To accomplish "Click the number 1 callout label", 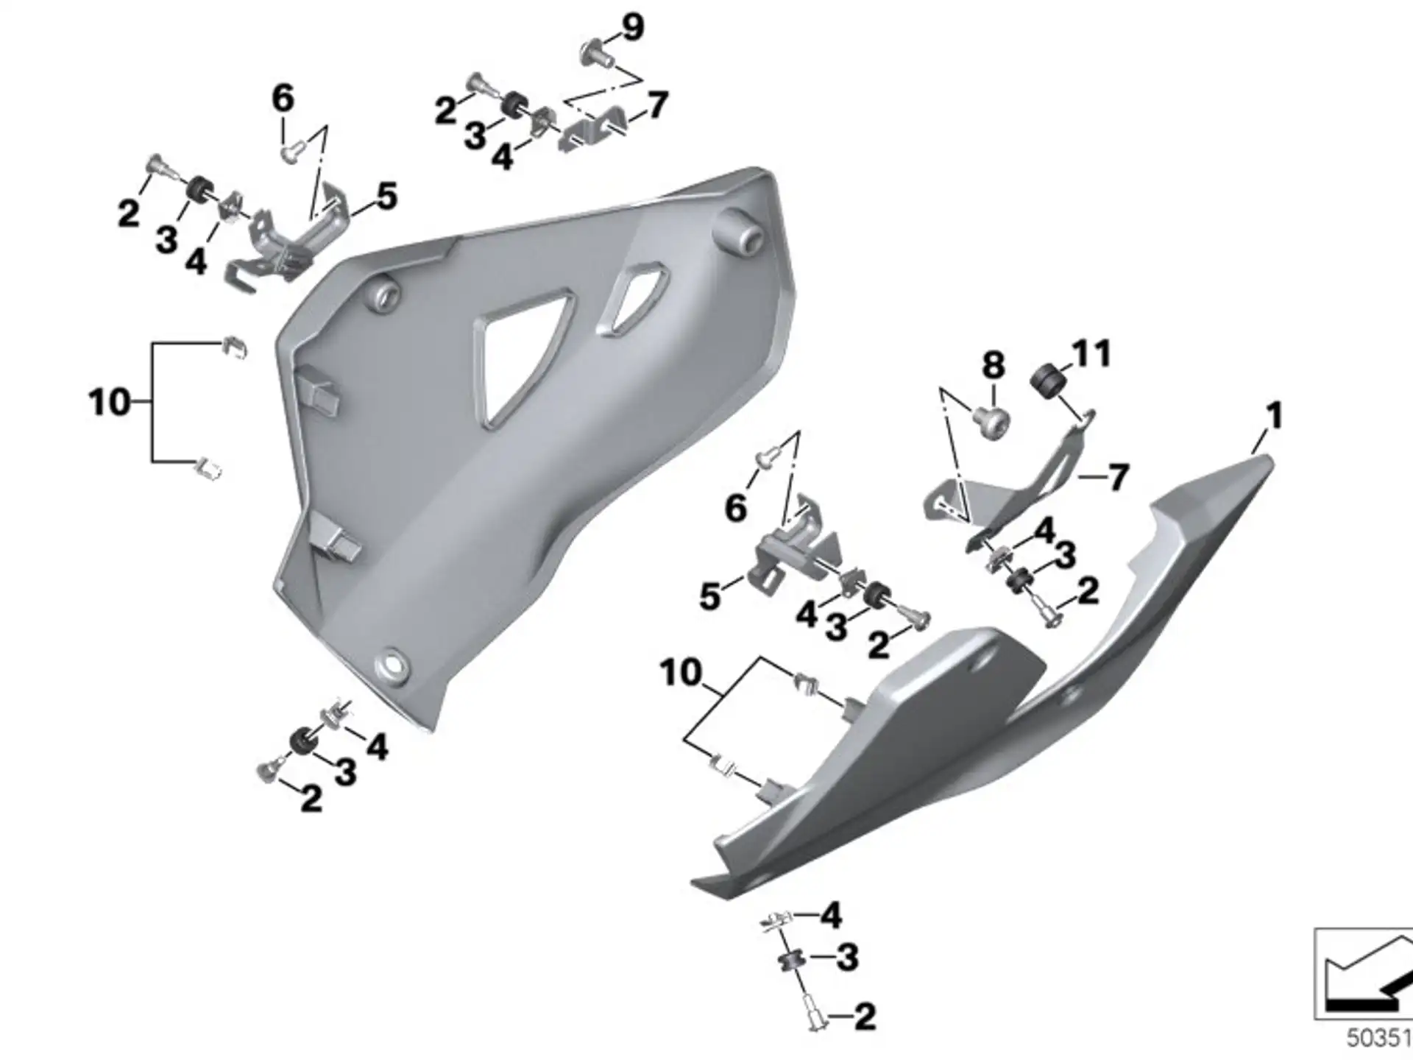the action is pos(1274,416).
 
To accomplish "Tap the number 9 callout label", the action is pos(631,27).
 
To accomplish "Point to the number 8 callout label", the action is pos(994,365).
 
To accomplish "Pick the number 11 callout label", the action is pos(1091,354).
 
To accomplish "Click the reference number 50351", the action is pos(1379,1039).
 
